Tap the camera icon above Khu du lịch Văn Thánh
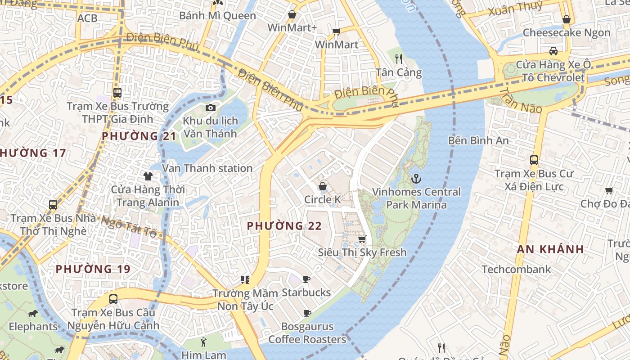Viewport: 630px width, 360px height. (210, 108)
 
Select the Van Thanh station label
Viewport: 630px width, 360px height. (207, 168)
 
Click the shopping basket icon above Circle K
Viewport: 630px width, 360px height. (323, 186)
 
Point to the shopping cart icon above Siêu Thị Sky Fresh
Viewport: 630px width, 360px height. (362, 239)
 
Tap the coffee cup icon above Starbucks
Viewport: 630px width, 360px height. (306, 279)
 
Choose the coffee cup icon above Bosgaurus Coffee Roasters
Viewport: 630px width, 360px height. (307, 313)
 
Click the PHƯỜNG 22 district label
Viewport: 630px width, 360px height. (284, 226)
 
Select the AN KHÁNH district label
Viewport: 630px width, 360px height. (550, 249)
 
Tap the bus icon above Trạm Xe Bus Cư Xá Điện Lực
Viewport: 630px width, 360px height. (534, 160)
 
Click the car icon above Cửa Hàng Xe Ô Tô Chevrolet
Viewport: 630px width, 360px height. (553, 51)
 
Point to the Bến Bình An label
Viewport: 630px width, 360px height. (478, 140)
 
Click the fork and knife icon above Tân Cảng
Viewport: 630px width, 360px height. (398, 58)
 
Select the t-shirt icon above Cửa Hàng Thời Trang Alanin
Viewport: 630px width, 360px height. (148, 176)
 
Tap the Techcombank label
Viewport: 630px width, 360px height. (516, 270)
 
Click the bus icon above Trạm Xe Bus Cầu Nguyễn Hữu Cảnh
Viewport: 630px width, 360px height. (113, 299)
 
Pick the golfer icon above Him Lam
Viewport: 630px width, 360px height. (204, 342)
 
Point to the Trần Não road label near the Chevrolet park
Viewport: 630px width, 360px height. (519, 99)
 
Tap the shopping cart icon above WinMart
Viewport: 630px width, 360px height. (336, 31)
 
